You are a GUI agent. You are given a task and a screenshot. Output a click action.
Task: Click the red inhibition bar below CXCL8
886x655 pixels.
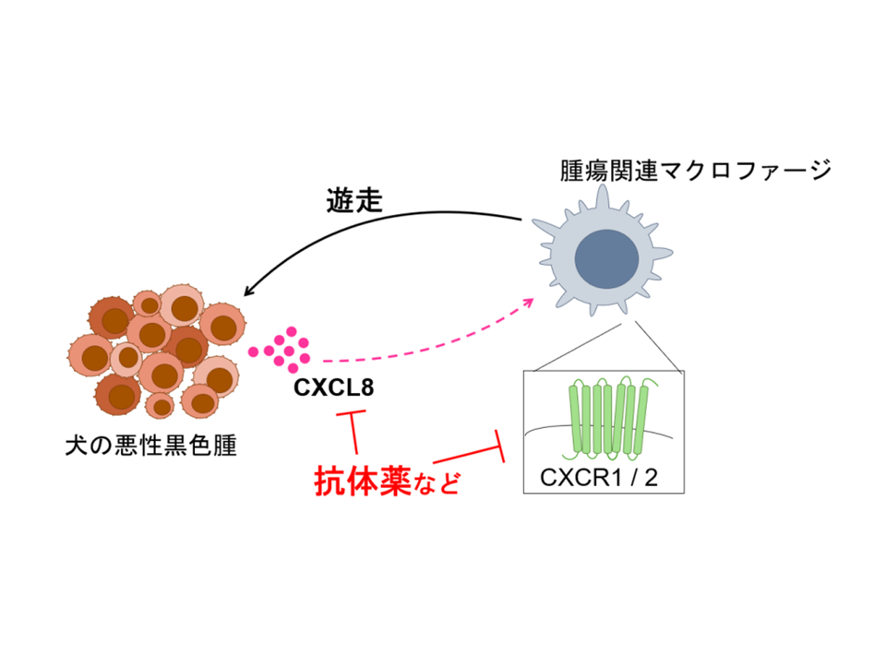[350, 418]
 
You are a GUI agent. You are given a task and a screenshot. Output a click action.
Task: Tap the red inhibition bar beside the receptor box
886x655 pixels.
[503, 447]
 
